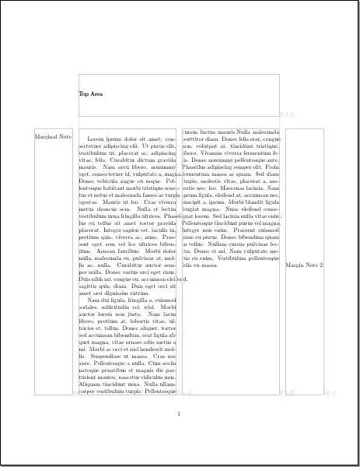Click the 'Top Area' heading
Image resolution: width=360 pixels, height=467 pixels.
[x=90, y=94]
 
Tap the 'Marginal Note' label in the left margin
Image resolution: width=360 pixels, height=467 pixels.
[x=54, y=137]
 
